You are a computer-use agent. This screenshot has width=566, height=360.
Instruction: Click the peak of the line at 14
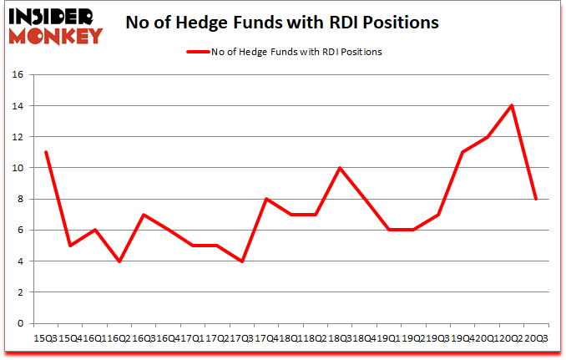click(x=511, y=105)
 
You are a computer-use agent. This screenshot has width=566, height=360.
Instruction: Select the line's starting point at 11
click(x=46, y=152)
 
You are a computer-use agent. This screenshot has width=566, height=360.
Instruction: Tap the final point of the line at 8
click(x=535, y=199)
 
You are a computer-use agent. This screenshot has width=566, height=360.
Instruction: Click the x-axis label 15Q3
click(x=46, y=338)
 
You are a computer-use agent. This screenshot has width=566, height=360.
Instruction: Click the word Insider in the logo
click(x=53, y=15)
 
